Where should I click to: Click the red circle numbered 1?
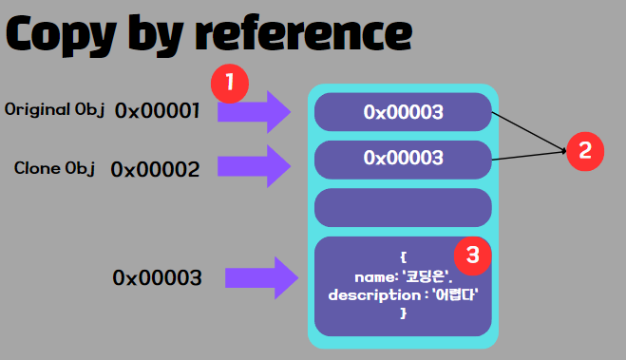pos(230,84)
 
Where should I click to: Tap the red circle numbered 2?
pos(585,150)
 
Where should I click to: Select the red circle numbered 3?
pos(472,254)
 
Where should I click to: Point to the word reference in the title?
pos(303,35)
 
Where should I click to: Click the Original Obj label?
pos(53,109)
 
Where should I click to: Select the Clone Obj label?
pos(55,168)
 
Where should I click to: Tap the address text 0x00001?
pos(158,111)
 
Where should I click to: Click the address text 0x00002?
pos(155,170)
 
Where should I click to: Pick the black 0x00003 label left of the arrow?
pos(157,277)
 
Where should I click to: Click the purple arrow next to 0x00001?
pos(254,111)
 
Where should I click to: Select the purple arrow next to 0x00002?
pos(254,166)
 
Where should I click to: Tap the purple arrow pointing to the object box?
pos(261,277)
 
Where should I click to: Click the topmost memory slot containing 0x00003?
pos(403,112)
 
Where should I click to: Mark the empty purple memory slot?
pos(403,206)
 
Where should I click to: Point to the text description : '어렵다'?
pos(403,294)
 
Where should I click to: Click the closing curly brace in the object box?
pos(403,313)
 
